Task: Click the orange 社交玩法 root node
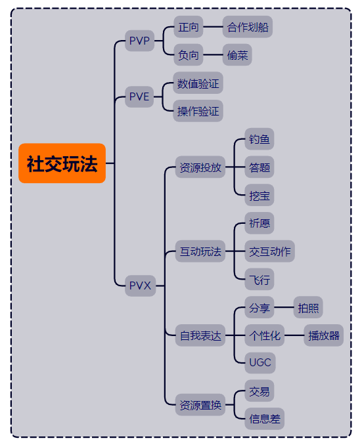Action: (62, 163)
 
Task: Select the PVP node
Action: (139, 41)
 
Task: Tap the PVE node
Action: (139, 96)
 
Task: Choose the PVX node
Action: (140, 286)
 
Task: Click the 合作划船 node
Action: (248, 27)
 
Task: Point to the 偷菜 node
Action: (237, 54)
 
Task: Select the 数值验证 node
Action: (198, 83)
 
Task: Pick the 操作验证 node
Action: (198, 111)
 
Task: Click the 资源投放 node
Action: (200, 167)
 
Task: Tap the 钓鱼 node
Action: (259, 139)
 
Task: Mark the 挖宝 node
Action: (259, 195)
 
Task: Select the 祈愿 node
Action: (259, 223)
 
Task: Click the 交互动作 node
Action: (269, 251)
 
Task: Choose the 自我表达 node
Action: (200, 335)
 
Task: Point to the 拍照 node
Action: (308, 307)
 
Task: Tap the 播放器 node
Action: (324, 335)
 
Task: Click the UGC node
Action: (260, 363)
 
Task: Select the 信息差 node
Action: (265, 419)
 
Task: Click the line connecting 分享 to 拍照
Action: (284, 307)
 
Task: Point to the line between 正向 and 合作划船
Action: (213, 27)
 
